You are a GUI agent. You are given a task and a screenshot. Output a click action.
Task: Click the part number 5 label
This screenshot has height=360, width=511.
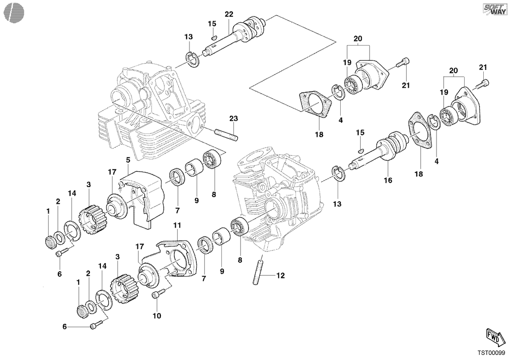pyautogui.click(x=128, y=160)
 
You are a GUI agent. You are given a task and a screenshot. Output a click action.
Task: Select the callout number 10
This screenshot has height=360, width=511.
pyautogui.click(x=157, y=316)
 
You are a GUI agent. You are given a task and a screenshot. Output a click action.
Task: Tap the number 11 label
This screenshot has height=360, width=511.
pyautogui.click(x=177, y=226)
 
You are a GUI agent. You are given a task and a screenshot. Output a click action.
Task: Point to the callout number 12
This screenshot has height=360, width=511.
pyautogui.click(x=281, y=276)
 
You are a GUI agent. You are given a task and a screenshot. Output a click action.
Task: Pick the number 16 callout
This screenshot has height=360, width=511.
pyautogui.click(x=388, y=180)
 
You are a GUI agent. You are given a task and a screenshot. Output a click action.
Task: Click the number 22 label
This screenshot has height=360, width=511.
pyautogui.click(x=229, y=14)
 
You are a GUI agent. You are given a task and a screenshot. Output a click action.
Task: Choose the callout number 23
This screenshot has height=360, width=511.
pyautogui.click(x=234, y=119)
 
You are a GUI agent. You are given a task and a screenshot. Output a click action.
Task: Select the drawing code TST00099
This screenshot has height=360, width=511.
pyautogui.click(x=491, y=353)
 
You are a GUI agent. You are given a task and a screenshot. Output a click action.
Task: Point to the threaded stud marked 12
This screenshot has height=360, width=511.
pyautogui.click(x=258, y=273)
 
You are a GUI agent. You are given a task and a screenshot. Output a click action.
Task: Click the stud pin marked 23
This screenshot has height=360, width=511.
pyautogui.click(x=226, y=135)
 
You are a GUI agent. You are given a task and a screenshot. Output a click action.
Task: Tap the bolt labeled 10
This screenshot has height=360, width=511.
pyautogui.click(x=158, y=293)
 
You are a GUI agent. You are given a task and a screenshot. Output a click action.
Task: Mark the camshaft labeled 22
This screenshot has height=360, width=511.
pyautogui.click(x=235, y=37)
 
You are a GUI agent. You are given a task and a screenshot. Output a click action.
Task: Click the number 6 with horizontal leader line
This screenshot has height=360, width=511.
pyautogui.click(x=65, y=327)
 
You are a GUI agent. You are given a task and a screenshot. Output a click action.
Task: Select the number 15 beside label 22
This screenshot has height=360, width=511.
pyautogui.click(x=212, y=24)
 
